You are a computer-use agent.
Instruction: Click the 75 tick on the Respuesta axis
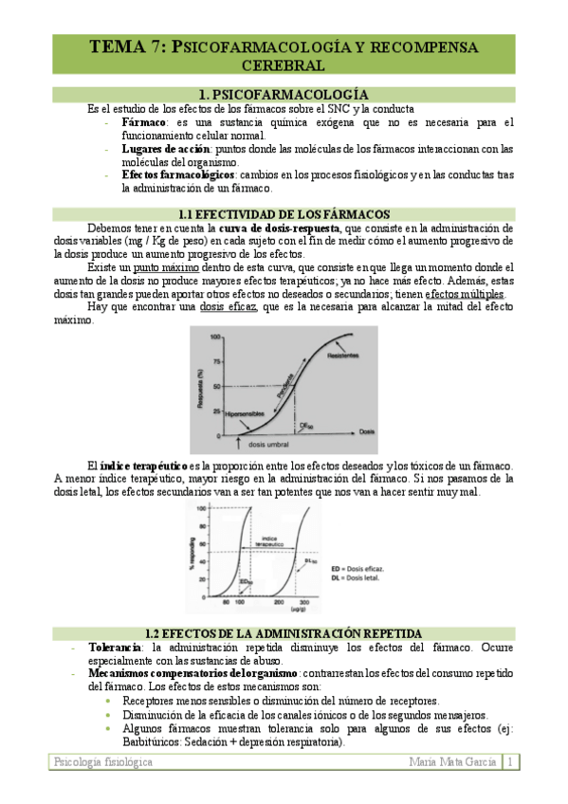pos(215,361)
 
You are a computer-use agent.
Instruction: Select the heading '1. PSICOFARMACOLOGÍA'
pos(284,95)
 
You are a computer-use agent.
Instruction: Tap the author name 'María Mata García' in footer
pos(452,762)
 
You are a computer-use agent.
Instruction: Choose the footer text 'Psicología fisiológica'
pos(94,762)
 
